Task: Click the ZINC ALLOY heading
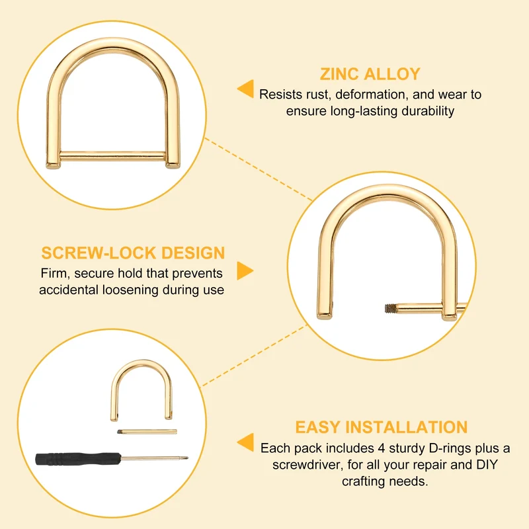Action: [370, 74]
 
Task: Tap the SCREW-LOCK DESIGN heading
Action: [133, 253]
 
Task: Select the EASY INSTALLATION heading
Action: [382, 427]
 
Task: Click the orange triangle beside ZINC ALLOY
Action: [245, 89]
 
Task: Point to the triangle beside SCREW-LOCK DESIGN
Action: [245, 270]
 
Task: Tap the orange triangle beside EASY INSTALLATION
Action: [245, 442]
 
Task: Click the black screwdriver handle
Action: [78, 459]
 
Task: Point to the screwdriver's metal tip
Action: [184, 458]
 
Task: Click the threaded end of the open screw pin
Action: [390, 308]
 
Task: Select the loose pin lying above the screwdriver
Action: [147, 432]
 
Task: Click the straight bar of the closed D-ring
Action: [112, 156]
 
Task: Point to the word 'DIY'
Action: [487, 465]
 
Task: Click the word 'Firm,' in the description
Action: [56, 273]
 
